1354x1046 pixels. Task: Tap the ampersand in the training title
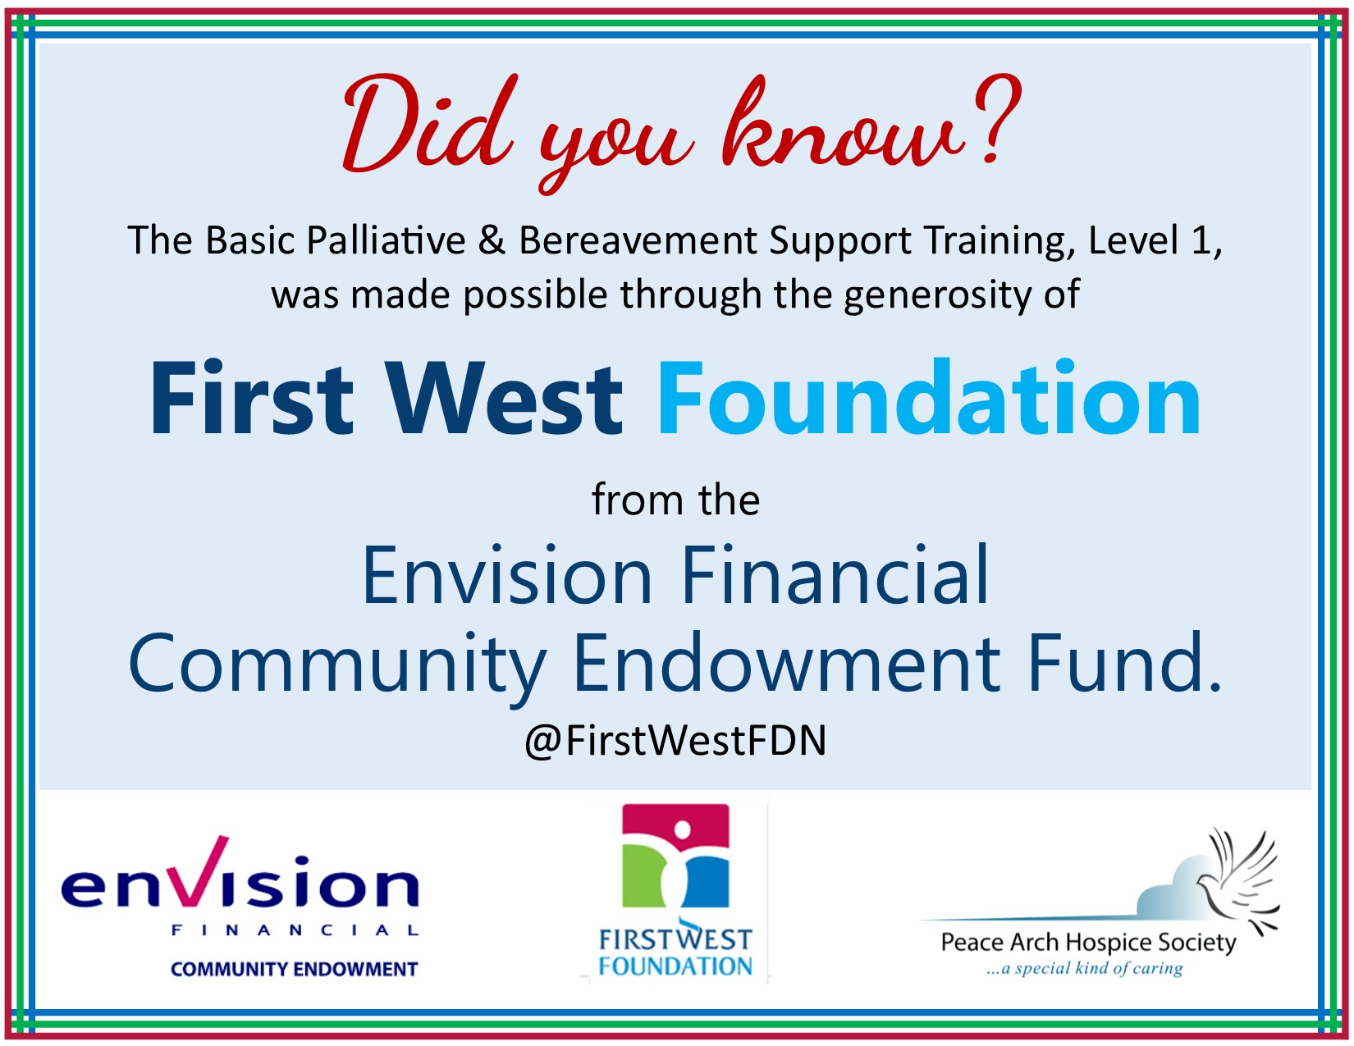point(492,240)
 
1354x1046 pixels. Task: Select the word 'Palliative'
point(387,240)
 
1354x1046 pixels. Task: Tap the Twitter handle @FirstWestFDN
point(675,741)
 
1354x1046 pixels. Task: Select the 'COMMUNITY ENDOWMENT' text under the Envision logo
point(294,970)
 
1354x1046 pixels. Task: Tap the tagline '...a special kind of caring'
point(1085,969)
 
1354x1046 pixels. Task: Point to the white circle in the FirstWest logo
point(683,829)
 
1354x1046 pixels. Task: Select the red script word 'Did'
point(430,123)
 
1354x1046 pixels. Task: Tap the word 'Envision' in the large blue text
point(507,575)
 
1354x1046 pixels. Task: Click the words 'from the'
point(676,500)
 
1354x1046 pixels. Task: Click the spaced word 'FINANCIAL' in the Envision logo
point(295,931)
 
